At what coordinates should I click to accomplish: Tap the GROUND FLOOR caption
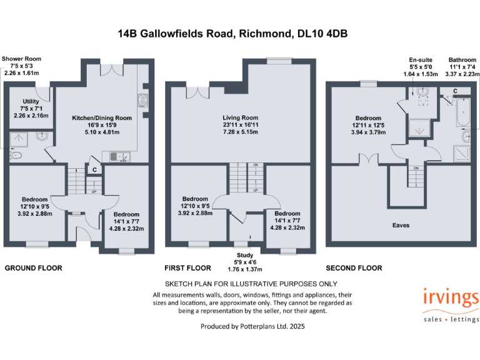click(x=34, y=268)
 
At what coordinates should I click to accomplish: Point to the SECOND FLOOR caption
click(x=354, y=268)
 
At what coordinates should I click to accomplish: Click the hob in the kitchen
click(x=142, y=101)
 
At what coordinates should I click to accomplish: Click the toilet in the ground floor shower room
click(x=17, y=156)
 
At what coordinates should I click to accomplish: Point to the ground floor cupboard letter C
click(x=94, y=169)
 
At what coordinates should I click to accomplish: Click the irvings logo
click(x=451, y=301)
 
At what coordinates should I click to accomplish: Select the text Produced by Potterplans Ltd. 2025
click(x=252, y=326)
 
